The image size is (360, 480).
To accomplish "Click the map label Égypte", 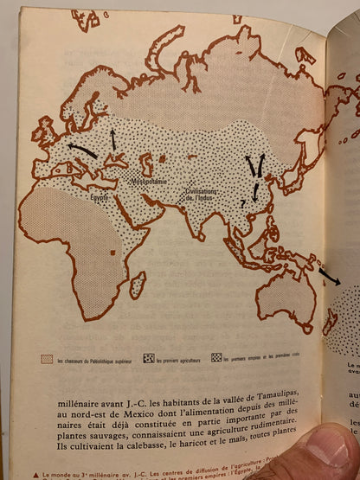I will [x=102, y=197].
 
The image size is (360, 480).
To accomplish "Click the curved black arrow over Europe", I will [x=83, y=150].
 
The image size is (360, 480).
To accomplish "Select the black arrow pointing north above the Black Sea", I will [x=112, y=138].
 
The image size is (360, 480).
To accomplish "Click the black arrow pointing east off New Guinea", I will [x=329, y=277].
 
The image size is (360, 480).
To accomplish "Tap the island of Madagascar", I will [x=137, y=285].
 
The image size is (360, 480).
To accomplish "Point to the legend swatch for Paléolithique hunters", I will [x=47, y=358].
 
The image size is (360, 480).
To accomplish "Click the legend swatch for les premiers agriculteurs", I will [x=149, y=357].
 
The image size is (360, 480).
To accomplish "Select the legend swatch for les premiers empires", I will [x=216, y=356].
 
